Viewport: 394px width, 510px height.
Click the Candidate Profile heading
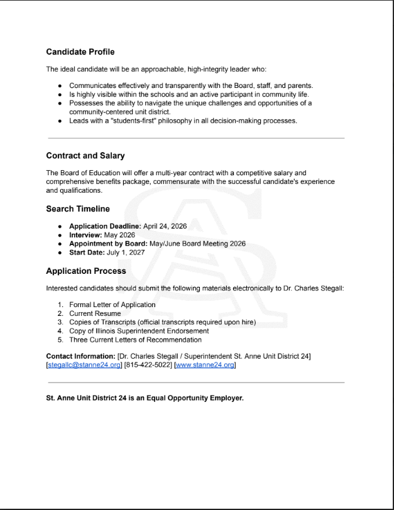click(80, 52)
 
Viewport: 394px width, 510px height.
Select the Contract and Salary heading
click(85, 156)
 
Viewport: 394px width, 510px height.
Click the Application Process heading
click(86, 271)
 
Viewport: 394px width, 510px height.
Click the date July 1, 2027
click(129, 252)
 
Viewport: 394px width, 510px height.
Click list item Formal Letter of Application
click(112, 305)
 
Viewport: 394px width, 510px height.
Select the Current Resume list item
click(96, 313)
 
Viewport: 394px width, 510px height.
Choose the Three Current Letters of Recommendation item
click(135, 340)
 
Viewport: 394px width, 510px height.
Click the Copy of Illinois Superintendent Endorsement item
click(138, 331)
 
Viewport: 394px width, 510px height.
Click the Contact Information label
click(75, 357)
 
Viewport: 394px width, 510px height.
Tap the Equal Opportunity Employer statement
click(145, 398)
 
